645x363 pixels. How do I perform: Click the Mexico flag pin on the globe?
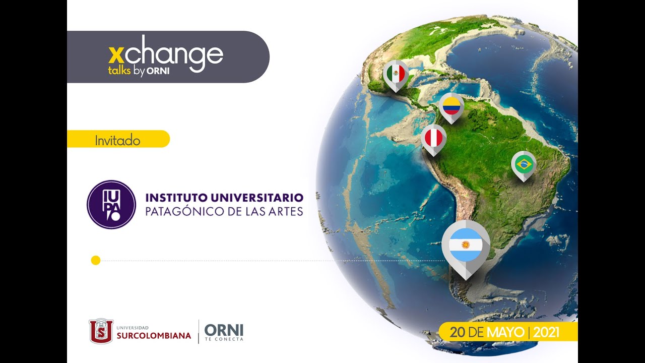(x=396, y=75)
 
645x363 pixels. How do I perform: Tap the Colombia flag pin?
(x=451, y=106)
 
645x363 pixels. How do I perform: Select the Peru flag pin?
(x=433, y=138)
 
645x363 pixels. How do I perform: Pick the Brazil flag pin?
(x=524, y=164)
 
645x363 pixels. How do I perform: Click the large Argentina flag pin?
(x=466, y=246)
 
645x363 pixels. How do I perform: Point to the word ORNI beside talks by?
(x=158, y=71)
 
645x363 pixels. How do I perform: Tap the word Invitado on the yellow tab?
(x=117, y=141)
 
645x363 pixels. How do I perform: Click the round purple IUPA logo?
(x=111, y=205)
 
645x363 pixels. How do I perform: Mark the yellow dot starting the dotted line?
(x=96, y=260)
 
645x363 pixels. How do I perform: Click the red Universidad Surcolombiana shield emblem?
(x=101, y=331)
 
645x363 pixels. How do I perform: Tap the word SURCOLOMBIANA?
(x=154, y=336)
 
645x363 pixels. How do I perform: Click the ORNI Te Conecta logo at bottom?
(x=224, y=332)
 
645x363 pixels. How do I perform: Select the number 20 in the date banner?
(x=458, y=333)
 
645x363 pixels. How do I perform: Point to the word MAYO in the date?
(x=505, y=333)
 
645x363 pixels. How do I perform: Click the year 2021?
(x=546, y=333)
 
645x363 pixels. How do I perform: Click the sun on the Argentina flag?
(x=466, y=246)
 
